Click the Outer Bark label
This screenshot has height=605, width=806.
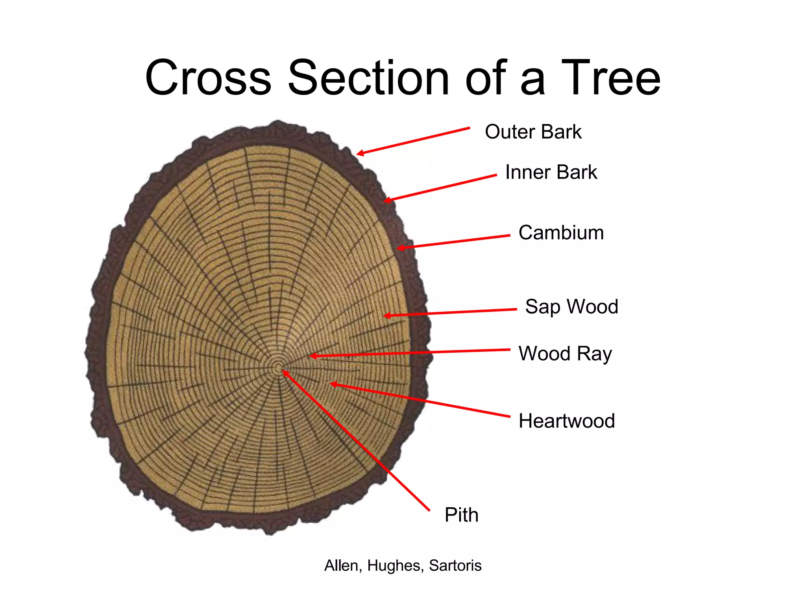533,132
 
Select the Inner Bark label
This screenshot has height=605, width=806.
551,172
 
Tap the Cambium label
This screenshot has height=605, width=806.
561,232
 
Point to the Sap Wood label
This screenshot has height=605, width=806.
571,306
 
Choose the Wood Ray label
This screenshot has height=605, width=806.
565,353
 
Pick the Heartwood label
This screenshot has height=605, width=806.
566,421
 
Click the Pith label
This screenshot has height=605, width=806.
461,515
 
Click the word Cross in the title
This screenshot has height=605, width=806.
208,78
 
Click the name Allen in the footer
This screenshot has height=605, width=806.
341,566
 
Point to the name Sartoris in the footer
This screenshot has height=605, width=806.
455,566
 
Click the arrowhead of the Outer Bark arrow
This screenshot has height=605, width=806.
359,154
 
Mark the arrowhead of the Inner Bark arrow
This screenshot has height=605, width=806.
387,200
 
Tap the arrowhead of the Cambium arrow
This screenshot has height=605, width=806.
400,248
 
